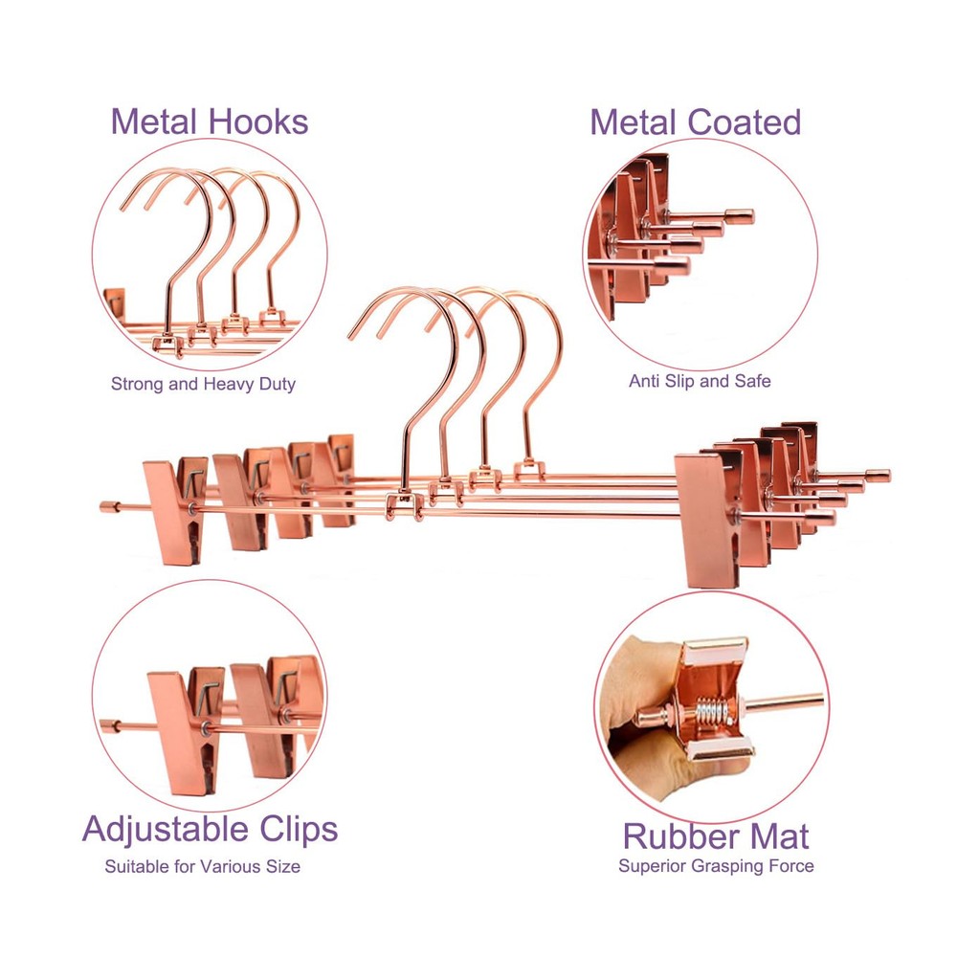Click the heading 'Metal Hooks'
pos(209,122)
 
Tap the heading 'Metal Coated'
pos(695,122)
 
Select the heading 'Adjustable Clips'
pos(210,829)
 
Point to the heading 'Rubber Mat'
pos(716,836)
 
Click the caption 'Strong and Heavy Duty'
pos(203,385)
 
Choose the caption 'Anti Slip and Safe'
pos(700,381)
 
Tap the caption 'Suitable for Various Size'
pos(202,867)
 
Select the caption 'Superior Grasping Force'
pos(716,866)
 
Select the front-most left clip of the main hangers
pos(174,512)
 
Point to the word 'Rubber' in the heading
pos(673,836)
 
